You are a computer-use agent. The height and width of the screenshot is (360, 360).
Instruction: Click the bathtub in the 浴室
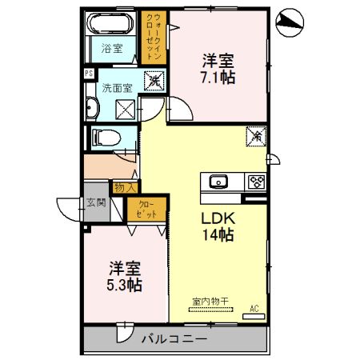tap(111, 23)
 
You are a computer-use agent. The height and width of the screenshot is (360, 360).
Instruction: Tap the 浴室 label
tap(112, 48)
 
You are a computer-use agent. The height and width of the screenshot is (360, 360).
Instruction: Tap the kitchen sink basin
tap(218, 182)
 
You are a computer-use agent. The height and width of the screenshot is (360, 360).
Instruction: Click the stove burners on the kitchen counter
tap(257, 181)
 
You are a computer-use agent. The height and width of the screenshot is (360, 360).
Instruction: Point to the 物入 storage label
tap(124, 187)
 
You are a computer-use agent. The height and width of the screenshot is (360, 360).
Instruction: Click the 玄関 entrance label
tap(96, 203)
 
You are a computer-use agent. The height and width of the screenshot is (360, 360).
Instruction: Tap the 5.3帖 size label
tap(126, 285)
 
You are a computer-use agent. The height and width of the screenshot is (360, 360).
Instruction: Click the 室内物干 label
tap(210, 302)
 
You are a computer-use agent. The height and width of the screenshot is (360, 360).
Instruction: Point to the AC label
tap(255, 308)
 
